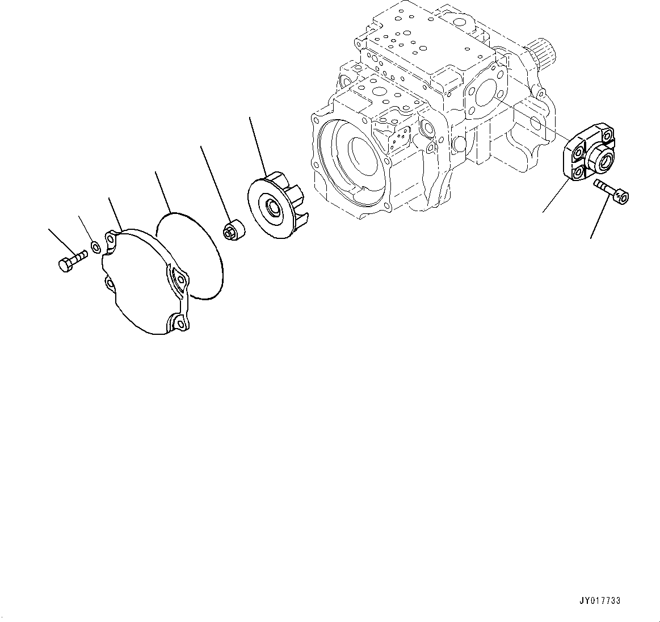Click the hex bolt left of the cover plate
[71, 262]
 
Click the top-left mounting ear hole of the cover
[111, 235]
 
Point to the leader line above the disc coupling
[257, 142]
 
